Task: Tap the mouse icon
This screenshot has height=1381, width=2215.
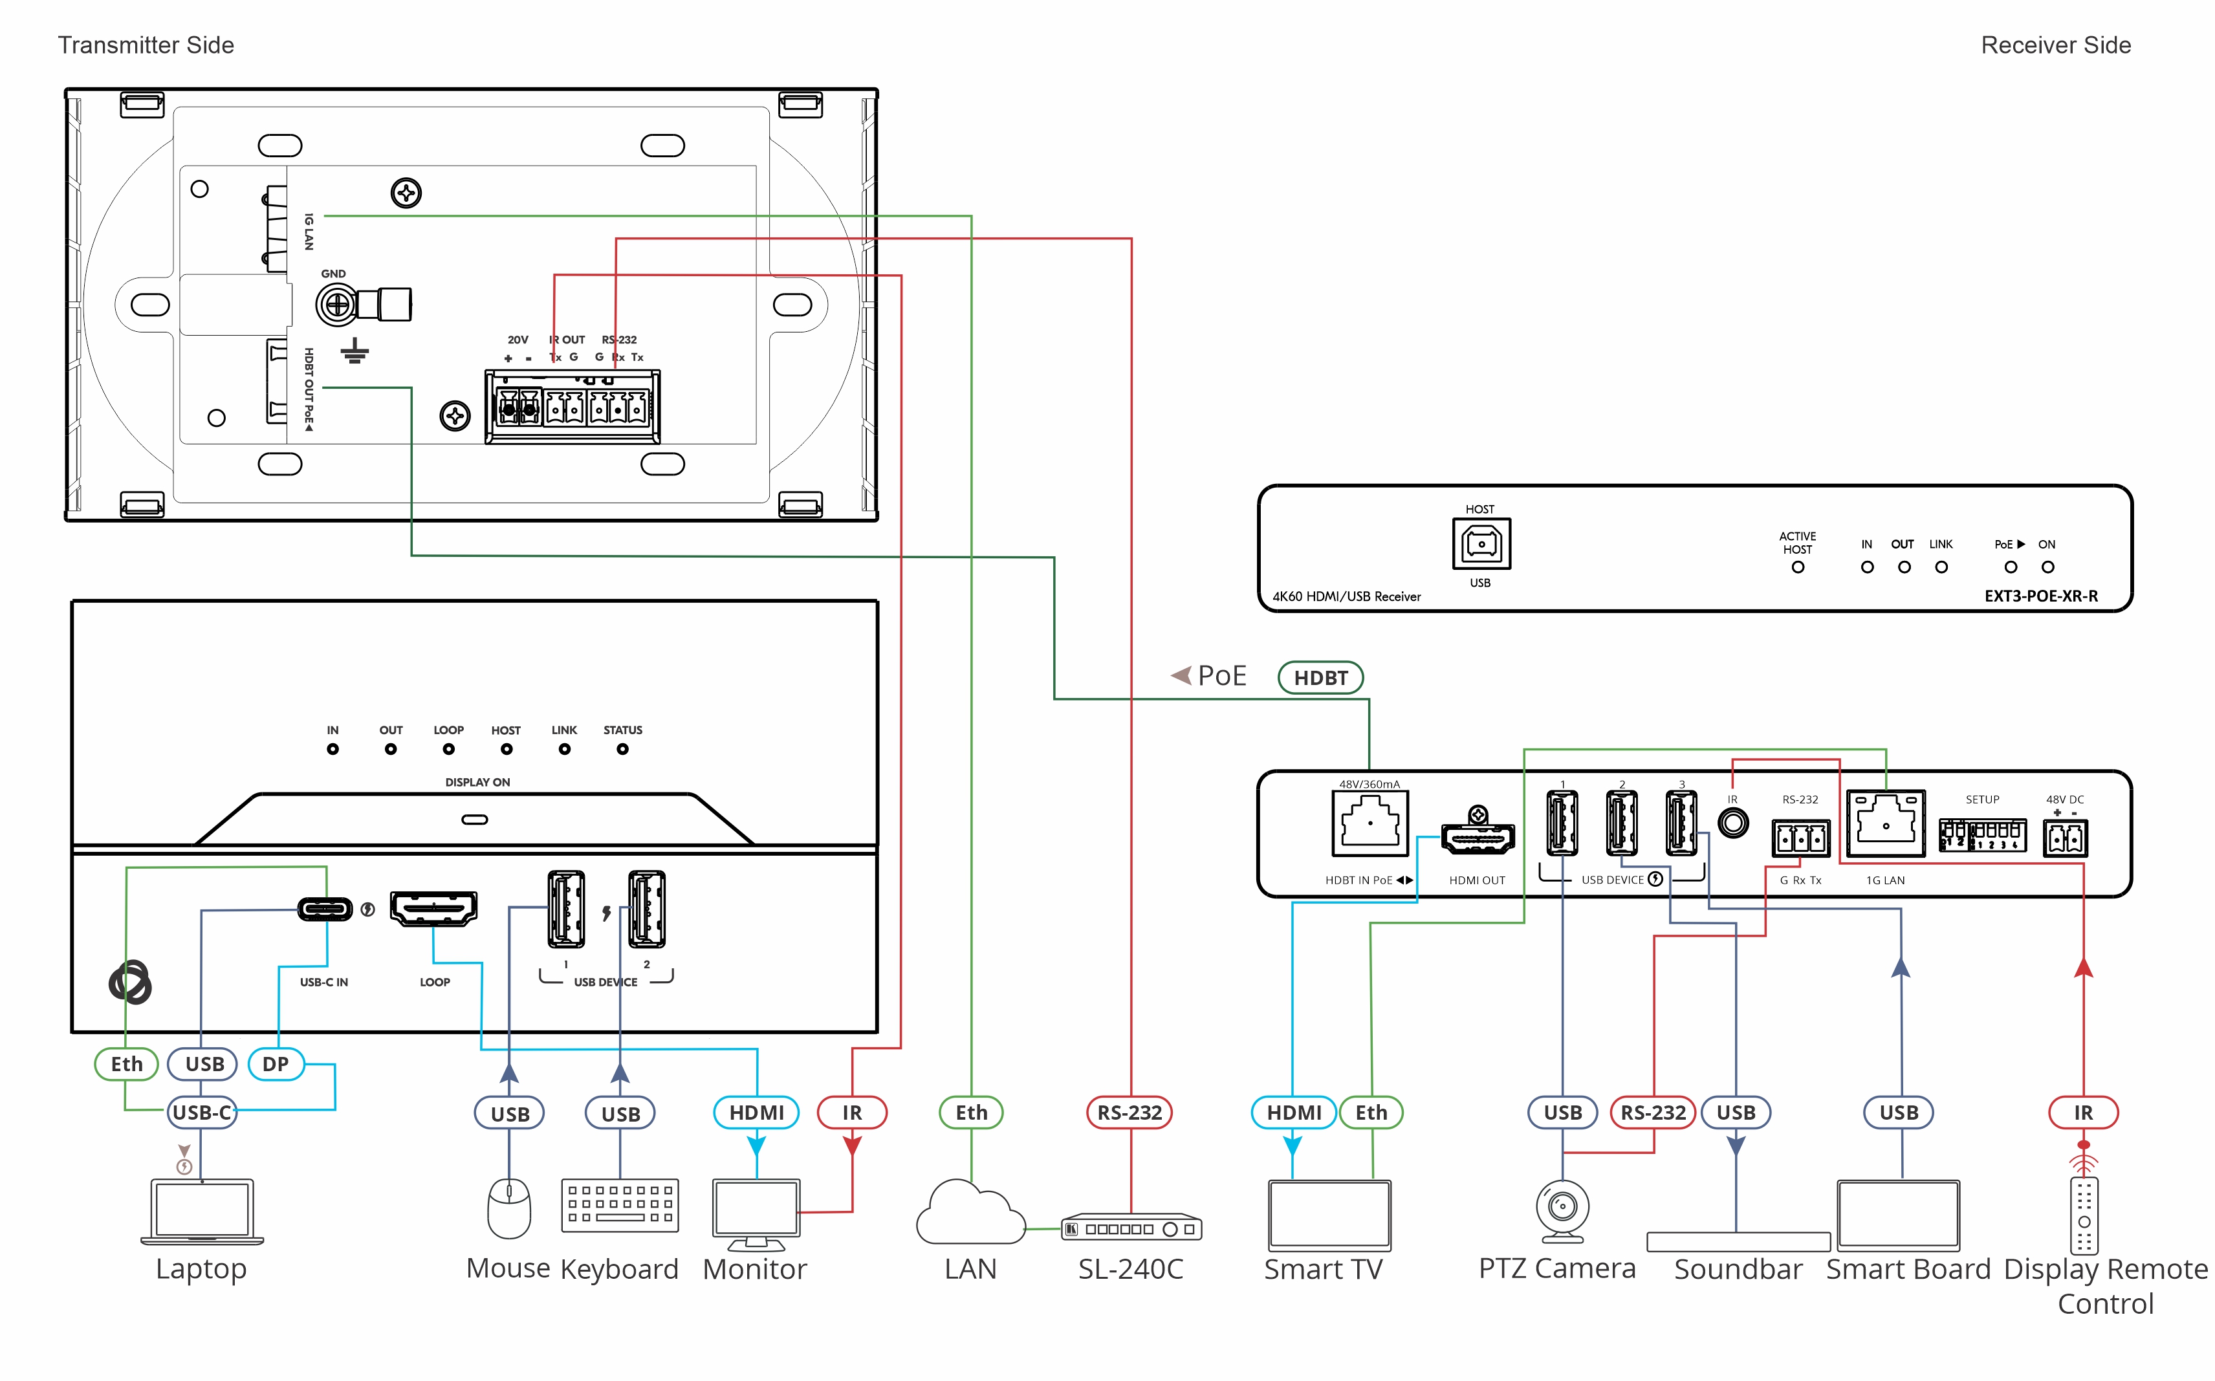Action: pos(508,1208)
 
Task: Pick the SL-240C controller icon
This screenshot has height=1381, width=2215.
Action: pos(1131,1228)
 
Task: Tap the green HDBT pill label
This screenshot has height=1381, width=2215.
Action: pos(1320,678)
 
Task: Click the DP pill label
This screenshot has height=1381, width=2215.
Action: pos(276,1064)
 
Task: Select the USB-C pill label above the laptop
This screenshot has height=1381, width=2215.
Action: pos(202,1113)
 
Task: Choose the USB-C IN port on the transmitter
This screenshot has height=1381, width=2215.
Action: pos(325,909)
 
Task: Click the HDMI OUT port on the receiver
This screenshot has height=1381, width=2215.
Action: pos(1477,836)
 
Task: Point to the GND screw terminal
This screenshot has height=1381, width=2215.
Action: pos(337,304)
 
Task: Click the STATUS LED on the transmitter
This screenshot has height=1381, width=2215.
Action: pos(622,749)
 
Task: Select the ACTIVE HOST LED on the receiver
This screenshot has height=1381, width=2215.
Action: pos(1796,567)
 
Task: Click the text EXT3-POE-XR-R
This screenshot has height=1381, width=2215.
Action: pos(2040,596)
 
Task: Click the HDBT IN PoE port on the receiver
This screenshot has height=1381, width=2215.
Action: pos(1369,824)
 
